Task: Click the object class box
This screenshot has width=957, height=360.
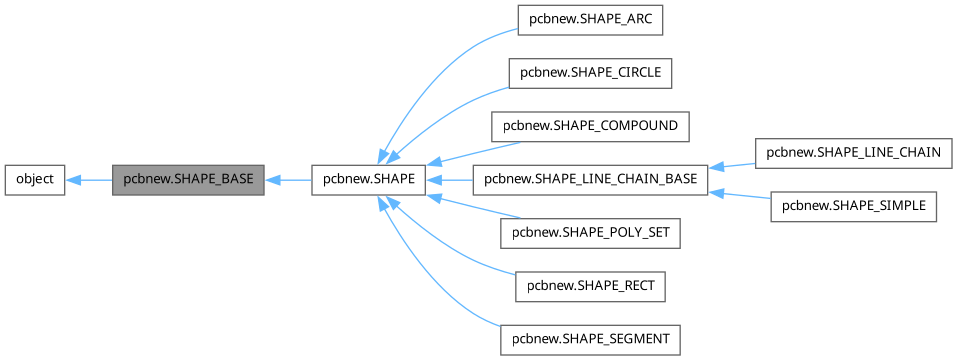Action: tap(35, 180)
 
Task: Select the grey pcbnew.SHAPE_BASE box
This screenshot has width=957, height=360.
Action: tap(187, 180)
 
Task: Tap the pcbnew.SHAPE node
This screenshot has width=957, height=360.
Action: tap(370, 180)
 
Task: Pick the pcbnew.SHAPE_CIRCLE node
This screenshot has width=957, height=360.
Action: tap(590, 73)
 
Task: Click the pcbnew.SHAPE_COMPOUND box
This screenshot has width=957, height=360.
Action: tap(590, 127)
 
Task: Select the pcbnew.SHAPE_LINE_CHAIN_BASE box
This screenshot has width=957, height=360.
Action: tap(590, 180)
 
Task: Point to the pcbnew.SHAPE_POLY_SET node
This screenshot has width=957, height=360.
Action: tap(590, 234)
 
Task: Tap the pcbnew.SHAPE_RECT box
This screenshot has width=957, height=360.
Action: tap(590, 287)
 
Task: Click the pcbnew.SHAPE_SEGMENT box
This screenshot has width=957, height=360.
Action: tap(590, 340)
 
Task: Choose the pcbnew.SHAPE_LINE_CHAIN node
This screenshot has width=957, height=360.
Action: tap(853, 153)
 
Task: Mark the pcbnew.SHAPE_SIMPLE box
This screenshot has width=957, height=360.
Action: tap(853, 207)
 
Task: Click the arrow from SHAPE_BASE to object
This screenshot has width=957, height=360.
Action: tap(88, 180)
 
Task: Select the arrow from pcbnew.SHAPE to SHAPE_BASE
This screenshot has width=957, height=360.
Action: tap(288, 180)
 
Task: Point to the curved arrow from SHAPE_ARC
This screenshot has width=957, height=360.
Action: tap(430, 70)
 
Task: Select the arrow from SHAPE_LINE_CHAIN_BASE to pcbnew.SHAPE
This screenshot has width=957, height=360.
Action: tap(450, 180)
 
